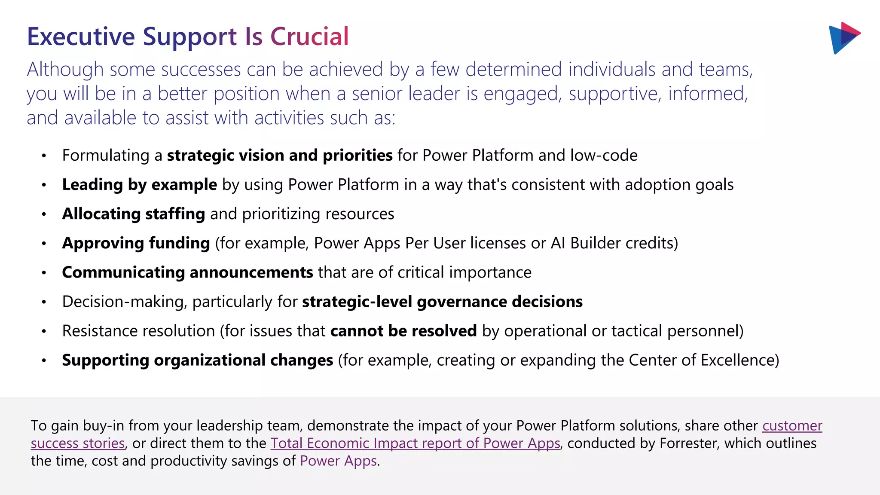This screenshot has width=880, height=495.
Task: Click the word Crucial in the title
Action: [309, 37]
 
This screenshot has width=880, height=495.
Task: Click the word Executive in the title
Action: [81, 37]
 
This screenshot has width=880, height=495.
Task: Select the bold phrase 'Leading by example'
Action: [140, 185]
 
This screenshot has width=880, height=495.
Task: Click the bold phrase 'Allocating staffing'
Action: [134, 214]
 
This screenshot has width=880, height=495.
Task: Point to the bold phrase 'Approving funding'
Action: [136, 243]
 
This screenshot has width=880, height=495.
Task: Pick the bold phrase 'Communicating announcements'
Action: [187, 272]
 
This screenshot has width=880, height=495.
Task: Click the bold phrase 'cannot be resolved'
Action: [403, 331]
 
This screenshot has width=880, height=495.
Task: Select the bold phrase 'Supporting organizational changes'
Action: [197, 360]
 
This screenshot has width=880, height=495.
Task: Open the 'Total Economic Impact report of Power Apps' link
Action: [415, 443]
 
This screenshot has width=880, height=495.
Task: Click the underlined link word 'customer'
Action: [792, 425]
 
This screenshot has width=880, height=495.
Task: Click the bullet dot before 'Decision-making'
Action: [44, 302]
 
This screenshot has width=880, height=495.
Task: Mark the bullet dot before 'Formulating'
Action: [44, 156]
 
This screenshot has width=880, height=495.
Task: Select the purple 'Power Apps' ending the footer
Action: [338, 461]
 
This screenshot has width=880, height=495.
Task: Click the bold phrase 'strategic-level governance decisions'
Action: [442, 302]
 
